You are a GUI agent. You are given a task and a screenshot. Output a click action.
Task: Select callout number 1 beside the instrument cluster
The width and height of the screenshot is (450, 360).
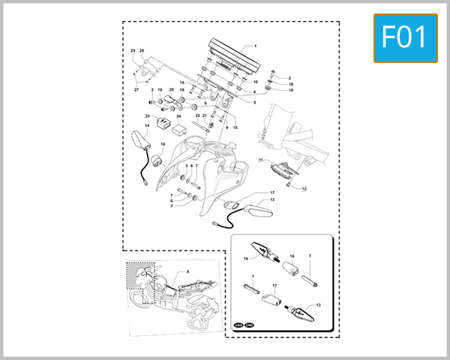(x=255, y=46)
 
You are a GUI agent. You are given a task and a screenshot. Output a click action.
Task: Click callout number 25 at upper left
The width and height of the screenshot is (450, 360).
(x=133, y=51)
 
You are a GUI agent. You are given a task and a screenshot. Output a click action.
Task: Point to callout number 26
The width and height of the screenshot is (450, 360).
(x=142, y=51)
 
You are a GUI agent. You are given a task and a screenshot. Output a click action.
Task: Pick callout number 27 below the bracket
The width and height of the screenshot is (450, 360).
(x=136, y=89)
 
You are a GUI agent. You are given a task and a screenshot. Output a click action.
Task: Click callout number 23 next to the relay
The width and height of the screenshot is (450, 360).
(x=148, y=116)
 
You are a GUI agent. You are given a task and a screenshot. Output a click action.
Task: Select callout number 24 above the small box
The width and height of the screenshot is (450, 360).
(x=178, y=117)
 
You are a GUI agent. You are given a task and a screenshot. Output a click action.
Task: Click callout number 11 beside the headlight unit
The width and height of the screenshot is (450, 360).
(x=262, y=160)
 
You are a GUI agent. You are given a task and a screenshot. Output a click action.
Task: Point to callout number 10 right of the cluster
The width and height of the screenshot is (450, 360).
(x=255, y=82)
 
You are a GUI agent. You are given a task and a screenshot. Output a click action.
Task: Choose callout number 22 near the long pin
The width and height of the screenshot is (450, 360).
(x=198, y=115)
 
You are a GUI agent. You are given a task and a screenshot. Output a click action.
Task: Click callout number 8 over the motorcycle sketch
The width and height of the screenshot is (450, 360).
(x=187, y=271)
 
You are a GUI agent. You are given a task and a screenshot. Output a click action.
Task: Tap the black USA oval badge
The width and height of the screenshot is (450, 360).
(x=238, y=325)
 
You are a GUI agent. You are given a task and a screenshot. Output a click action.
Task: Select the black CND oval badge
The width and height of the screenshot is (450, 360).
(x=249, y=325)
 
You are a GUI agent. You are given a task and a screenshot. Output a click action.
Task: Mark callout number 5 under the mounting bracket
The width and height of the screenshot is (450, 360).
(x=255, y=102)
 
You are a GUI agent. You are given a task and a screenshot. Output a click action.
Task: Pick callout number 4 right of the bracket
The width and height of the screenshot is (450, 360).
(x=255, y=92)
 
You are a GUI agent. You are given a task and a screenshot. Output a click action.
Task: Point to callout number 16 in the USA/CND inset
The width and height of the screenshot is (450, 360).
(x=292, y=256)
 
